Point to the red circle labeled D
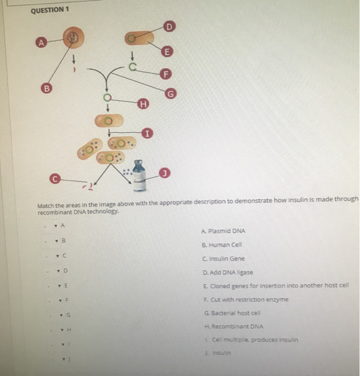pos(169,26)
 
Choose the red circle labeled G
pos(171,95)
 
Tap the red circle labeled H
pos(142,104)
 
